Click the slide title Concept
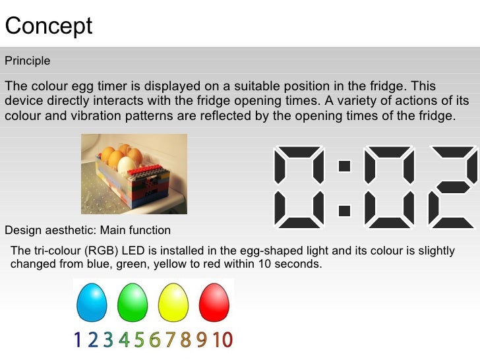pyautogui.click(x=49, y=26)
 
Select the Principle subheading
pyautogui.click(x=28, y=61)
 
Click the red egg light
pyautogui.click(x=214, y=301)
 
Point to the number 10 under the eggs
pyautogui.click(x=223, y=340)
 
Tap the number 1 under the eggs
pyautogui.click(x=78, y=340)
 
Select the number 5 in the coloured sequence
pyautogui.click(x=139, y=340)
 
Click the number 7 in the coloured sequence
pyautogui.click(x=170, y=340)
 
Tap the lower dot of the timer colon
pyautogui.click(x=344, y=211)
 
